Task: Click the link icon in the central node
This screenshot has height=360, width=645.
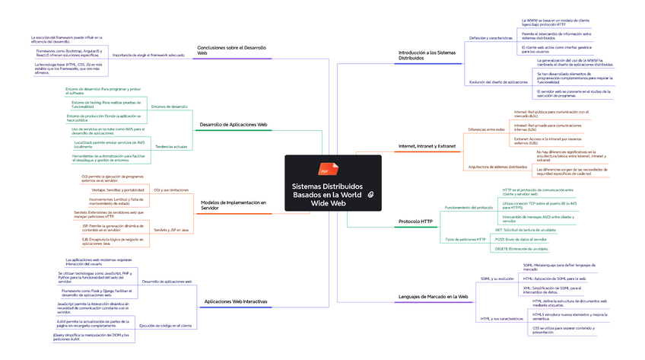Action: tap(369, 195)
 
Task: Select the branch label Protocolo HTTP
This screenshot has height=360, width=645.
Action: tap(415, 221)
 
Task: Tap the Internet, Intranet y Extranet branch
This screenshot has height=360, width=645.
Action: tap(427, 145)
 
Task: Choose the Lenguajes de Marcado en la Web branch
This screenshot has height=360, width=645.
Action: tap(433, 296)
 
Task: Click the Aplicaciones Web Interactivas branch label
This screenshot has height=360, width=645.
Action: tap(236, 301)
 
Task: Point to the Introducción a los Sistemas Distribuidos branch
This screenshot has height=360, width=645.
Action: tap(427, 56)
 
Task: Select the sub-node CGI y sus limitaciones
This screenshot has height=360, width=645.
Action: tap(171, 190)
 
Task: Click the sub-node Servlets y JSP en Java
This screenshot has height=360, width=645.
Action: tap(171, 229)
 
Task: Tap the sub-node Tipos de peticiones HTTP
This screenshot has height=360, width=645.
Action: tap(465, 240)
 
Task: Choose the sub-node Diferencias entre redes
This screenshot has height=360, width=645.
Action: tap(486, 129)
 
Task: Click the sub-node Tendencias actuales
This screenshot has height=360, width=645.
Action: tap(171, 146)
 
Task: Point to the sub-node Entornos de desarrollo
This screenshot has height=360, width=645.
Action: tap(169, 107)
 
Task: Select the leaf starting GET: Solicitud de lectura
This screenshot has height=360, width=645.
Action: tap(526, 230)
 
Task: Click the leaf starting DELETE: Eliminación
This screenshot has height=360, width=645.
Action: tap(522, 249)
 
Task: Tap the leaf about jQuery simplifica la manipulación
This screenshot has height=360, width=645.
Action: tap(91, 336)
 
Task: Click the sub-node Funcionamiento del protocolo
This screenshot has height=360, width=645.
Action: tap(469, 207)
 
